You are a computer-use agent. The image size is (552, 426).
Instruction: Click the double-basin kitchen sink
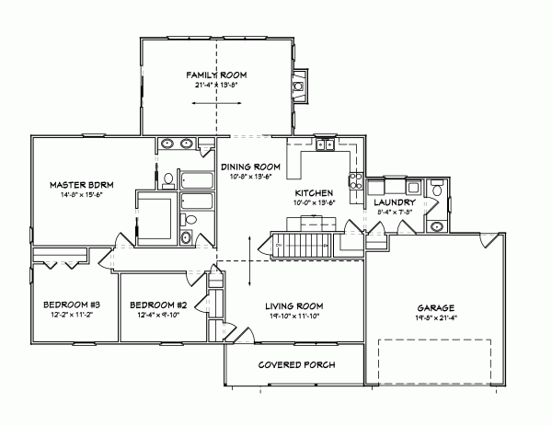pyautogui.click(x=325, y=144)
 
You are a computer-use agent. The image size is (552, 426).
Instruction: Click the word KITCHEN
pyautogui.click(x=313, y=192)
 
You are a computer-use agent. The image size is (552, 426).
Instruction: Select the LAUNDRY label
pyautogui.click(x=396, y=201)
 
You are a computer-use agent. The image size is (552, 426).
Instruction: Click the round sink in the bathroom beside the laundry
pyautogui.click(x=438, y=225)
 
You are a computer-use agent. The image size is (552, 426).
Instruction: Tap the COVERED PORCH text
pyautogui.click(x=295, y=365)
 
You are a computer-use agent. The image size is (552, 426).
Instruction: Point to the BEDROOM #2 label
pyautogui.click(x=158, y=305)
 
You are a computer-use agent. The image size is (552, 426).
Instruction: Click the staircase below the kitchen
pyautogui.click(x=302, y=247)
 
